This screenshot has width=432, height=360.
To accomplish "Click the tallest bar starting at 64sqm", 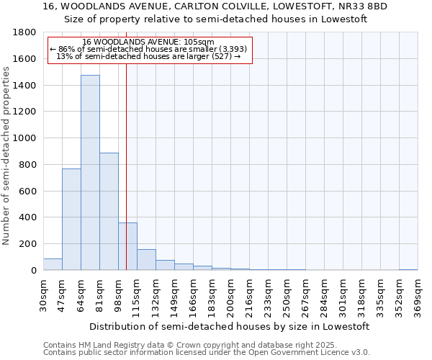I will point(90,173).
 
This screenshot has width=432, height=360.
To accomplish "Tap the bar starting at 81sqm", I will point(109,212).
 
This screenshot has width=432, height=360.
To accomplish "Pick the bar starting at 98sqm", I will point(127,246).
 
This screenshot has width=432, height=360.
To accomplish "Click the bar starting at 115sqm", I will point(146,260).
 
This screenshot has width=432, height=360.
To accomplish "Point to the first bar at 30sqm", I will point(53,264).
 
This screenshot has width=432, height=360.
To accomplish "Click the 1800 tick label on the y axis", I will point(25,32).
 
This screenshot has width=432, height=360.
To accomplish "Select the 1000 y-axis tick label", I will point(25,138).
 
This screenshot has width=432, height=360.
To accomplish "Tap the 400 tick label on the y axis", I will point(28,217).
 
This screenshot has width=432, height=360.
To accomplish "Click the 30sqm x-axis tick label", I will point(44,293).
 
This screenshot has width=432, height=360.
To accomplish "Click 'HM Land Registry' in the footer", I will point(110,345).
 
